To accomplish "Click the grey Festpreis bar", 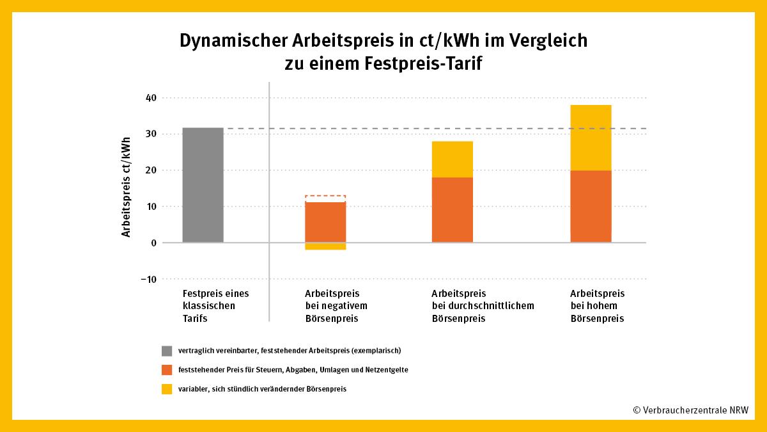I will tap(203, 185).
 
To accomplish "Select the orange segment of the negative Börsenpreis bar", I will tap(325, 222).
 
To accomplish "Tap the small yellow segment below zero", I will tap(325, 246).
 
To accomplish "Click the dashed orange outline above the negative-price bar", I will tap(325, 196).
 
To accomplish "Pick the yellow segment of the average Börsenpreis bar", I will tap(452, 159).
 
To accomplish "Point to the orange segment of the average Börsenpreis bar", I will tap(452, 209).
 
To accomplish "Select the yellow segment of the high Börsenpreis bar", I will tap(591, 138).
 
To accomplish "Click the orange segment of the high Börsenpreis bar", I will tap(591, 206).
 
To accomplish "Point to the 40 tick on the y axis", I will tap(151, 98).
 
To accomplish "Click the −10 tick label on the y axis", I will tap(149, 279).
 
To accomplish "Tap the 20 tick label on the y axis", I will tap(151, 170).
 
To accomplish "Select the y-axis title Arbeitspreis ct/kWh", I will tap(127, 186).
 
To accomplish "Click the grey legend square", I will tap(167, 351).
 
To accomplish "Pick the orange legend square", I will tap(167, 370).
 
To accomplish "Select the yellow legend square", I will tap(167, 388).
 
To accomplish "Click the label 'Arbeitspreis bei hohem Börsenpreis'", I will tap(597, 305).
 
